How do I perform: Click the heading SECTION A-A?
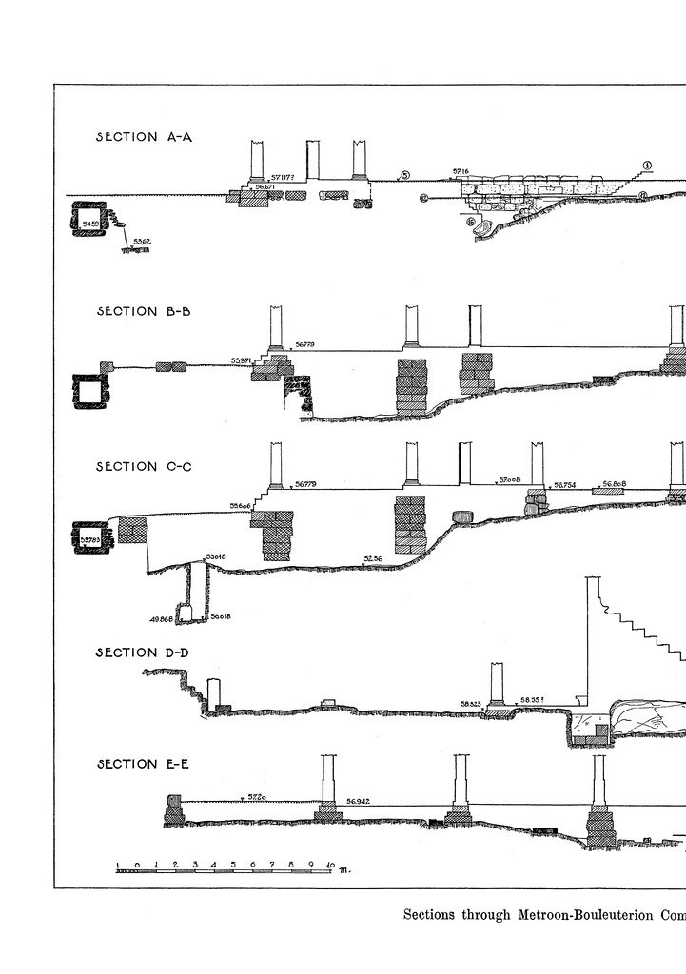pyautogui.click(x=145, y=137)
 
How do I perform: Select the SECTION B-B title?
pyautogui.click(x=145, y=311)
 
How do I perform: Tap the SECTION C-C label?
pyautogui.click(x=145, y=466)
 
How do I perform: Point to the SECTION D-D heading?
pyautogui.click(x=145, y=653)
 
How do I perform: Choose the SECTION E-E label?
pyautogui.click(x=145, y=764)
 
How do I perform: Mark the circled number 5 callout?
pyautogui.click(x=404, y=176)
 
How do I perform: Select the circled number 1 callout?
pyautogui.click(x=646, y=165)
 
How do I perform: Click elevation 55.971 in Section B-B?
pyautogui.click(x=243, y=361)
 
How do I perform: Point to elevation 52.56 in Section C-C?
pyautogui.click(x=373, y=558)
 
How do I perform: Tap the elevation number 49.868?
pyautogui.click(x=162, y=619)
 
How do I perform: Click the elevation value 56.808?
pyautogui.click(x=615, y=484)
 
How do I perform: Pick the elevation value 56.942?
pyautogui.click(x=359, y=802)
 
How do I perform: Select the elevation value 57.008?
pyautogui.click(x=511, y=481)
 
